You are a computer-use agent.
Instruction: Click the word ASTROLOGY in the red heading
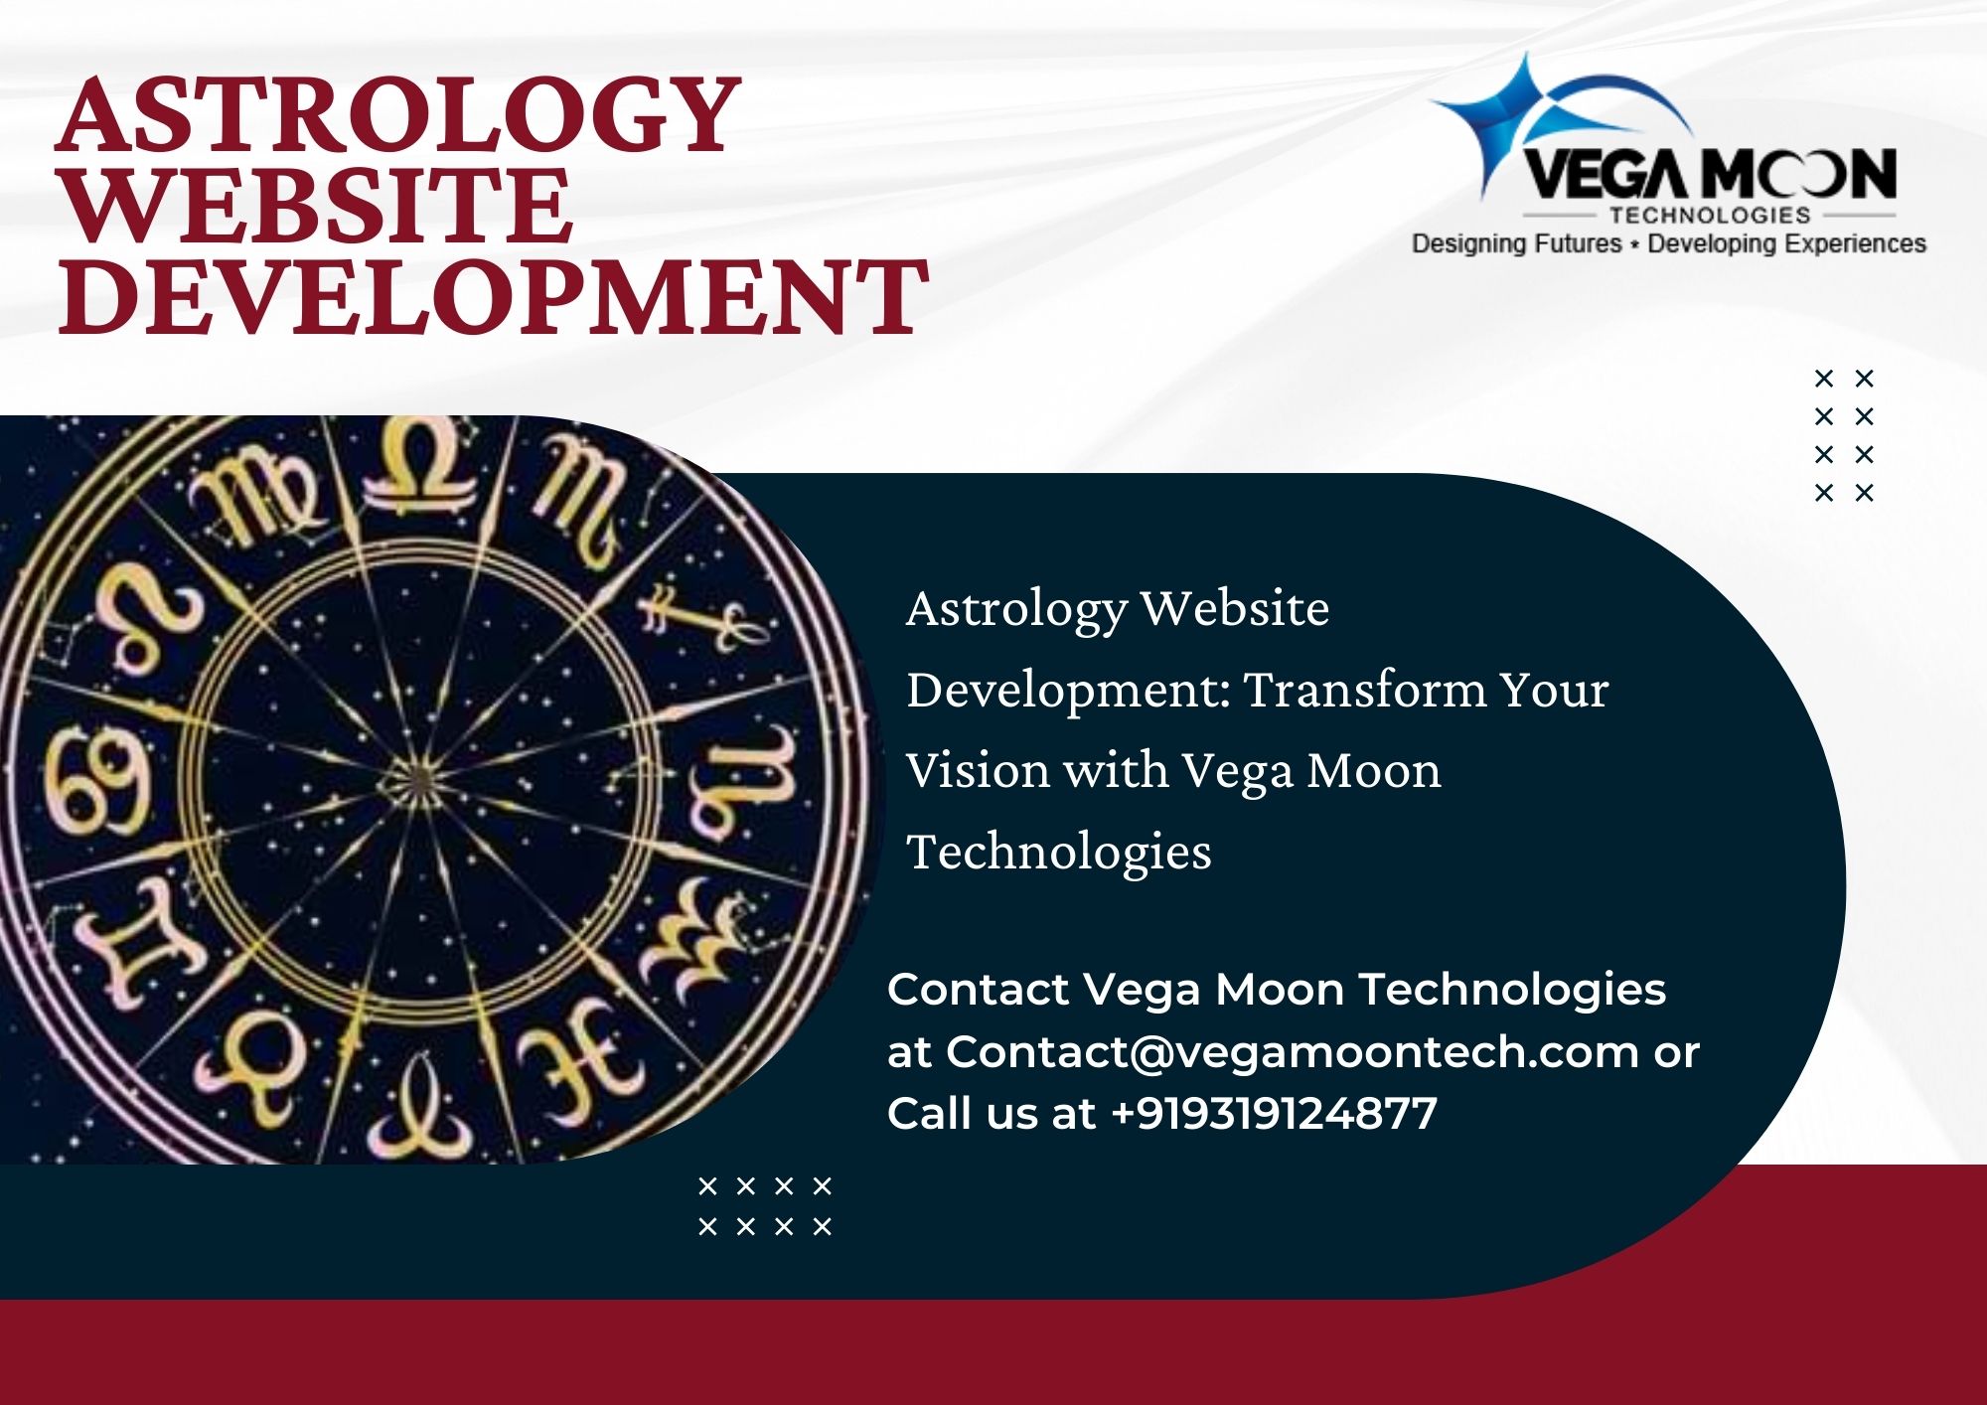(398, 116)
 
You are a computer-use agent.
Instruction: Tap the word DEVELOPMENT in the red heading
(493, 296)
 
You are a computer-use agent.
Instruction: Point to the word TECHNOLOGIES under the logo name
(1710, 215)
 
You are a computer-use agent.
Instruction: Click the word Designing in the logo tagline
(1466, 244)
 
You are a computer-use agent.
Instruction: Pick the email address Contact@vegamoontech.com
(1292, 1051)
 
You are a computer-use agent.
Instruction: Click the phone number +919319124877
(1274, 1113)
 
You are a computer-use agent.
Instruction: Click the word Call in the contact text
(931, 1113)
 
